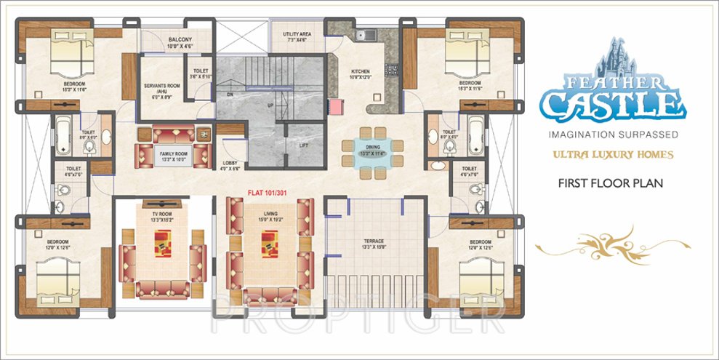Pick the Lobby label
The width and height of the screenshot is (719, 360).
tap(230, 165)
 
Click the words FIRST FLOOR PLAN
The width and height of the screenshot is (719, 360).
tap(610, 184)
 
